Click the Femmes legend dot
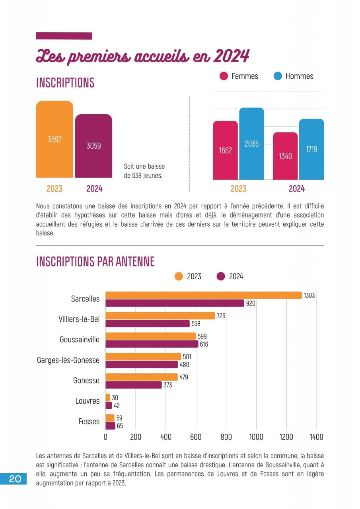click(x=224, y=76)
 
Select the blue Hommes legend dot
click(x=278, y=76)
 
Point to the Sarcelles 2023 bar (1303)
click(x=203, y=295)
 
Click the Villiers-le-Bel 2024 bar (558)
click(x=147, y=324)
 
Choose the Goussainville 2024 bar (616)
click(x=152, y=344)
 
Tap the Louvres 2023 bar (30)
click(x=108, y=397)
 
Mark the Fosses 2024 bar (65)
click(x=110, y=426)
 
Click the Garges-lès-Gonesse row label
click(x=68, y=360)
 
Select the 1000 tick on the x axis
click(x=256, y=437)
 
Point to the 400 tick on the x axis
click(x=165, y=437)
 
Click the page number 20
click(x=15, y=479)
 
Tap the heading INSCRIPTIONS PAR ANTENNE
click(x=95, y=262)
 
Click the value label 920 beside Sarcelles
click(x=251, y=303)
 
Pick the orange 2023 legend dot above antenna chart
click(x=179, y=276)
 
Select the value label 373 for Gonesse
click(x=168, y=385)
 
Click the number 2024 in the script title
click(x=231, y=56)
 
